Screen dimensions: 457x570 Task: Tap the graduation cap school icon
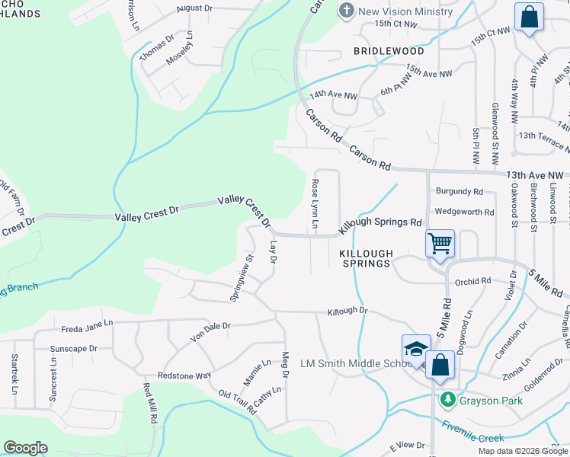(x=416, y=349)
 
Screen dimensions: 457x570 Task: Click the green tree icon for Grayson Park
(x=448, y=398)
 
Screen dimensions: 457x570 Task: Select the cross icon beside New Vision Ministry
(x=347, y=11)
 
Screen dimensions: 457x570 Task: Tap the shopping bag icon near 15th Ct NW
(x=529, y=17)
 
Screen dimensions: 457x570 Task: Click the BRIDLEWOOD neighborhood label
(x=389, y=51)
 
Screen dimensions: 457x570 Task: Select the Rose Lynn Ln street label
(x=314, y=203)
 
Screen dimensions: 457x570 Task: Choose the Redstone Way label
(x=184, y=376)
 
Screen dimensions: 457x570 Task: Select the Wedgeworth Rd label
(x=464, y=213)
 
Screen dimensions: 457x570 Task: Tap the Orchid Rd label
(x=472, y=281)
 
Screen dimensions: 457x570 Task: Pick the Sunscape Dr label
(x=73, y=349)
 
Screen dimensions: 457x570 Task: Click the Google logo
(x=25, y=448)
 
